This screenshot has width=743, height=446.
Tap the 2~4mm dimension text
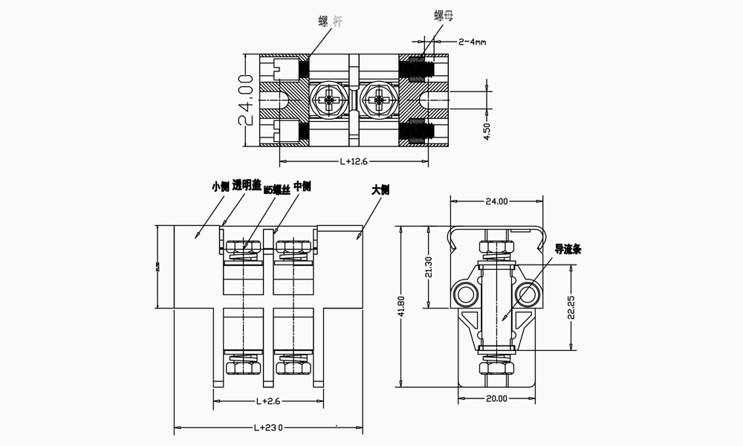point(472,42)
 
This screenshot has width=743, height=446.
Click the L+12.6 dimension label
point(354,161)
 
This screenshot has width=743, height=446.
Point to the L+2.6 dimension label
point(267,401)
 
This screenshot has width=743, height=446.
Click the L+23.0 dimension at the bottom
point(269,427)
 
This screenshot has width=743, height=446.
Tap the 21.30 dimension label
point(428,266)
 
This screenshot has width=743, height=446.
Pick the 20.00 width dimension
point(496,398)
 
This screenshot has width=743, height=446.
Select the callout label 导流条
point(568,250)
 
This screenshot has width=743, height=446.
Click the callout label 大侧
point(380,190)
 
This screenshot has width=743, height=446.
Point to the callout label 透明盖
point(247,186)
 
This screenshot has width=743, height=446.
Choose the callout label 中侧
point(302,186)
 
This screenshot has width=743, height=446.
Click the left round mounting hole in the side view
point(465,294)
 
